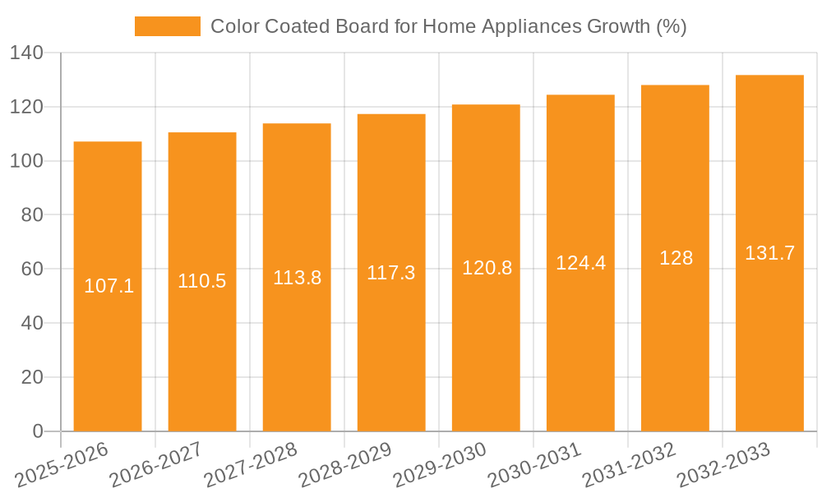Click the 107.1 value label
[109, 286]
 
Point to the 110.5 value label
[202, 281]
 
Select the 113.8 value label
[297, 277]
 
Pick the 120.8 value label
[487, 268]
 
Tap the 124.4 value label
[580, 263]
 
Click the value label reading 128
[676, 258]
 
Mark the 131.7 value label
[769, 253]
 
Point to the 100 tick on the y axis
[26, 161]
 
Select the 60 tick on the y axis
[31, 269]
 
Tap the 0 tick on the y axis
[37, 431]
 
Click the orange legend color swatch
[168, 26]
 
